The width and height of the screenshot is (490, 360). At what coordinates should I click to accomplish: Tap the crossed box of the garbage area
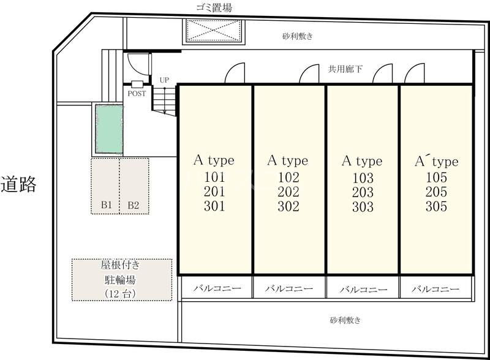[x=214, y=31]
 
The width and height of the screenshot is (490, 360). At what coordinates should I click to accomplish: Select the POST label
[x=137, y=94]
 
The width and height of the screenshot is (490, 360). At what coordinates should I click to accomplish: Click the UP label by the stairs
[x=164, y=80]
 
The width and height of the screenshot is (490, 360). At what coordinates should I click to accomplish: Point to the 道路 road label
[x=19, y=184]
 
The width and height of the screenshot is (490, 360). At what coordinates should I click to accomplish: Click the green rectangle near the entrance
[x=108, y=129]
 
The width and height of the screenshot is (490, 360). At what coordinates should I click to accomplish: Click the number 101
[x=214, y=178]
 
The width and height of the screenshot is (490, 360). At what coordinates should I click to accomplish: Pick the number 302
[x=288, y=207]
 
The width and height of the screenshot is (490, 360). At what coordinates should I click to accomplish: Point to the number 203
[x=362, y=192]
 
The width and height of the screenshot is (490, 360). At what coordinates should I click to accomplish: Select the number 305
[x=435, y=207]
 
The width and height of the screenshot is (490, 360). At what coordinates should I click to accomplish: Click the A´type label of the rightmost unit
[x=435, y=162]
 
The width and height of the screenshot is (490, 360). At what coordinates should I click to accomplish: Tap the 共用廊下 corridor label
[x=345, y=70]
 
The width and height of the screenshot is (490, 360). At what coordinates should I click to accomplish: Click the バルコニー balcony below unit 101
[x=214, y=288]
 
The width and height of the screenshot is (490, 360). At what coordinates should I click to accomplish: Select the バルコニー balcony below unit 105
[x=435, y=288]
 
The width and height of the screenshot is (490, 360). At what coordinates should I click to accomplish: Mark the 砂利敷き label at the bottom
[x=345, y=320]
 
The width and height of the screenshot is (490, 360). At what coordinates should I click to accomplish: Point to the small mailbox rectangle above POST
[x=137, y=84]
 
